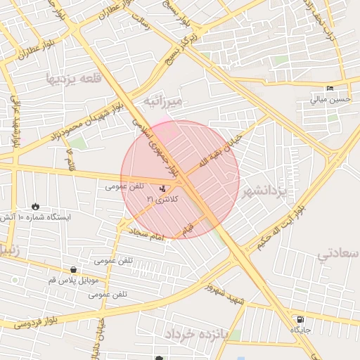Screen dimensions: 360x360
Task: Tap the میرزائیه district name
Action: pyautogui.click(x=163, y=101)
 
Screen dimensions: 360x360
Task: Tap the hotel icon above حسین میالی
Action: pyautogui.click(x=330, y=89)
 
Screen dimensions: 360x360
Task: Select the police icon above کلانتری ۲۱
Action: pyautogui.click(x=164, y=188)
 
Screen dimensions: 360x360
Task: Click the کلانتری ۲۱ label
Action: pyautogui.click(x=162, y=200)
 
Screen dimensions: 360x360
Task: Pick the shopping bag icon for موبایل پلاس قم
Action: pyautogui.click(x=74, y=269)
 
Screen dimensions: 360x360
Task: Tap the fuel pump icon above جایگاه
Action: pyautogui.click(x=301, y=319)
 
